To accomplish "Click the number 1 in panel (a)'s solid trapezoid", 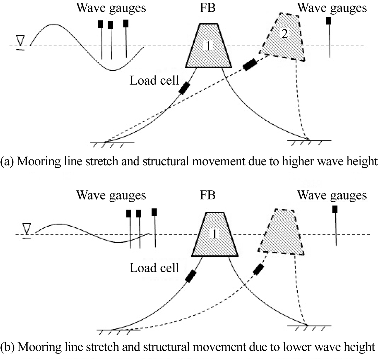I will (x=208, y=46).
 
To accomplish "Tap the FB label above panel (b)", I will (x=208, y=195).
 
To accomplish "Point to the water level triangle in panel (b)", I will (x=26, y=228).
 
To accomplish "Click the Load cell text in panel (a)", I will (x=154, y=81).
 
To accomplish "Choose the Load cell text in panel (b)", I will (x=154, y=268).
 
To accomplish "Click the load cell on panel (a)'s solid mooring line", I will (x=184, y=88).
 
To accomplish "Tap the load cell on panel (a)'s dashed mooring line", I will (x=250, y=65).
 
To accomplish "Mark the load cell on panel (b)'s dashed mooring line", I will (x=258, y=269).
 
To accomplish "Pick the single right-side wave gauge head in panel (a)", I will (x=329, y=21).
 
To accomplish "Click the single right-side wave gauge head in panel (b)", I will (x=335, y=209).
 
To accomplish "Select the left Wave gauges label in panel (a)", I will (x=111, y=8).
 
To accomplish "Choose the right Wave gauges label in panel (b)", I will (x=332, y=195).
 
